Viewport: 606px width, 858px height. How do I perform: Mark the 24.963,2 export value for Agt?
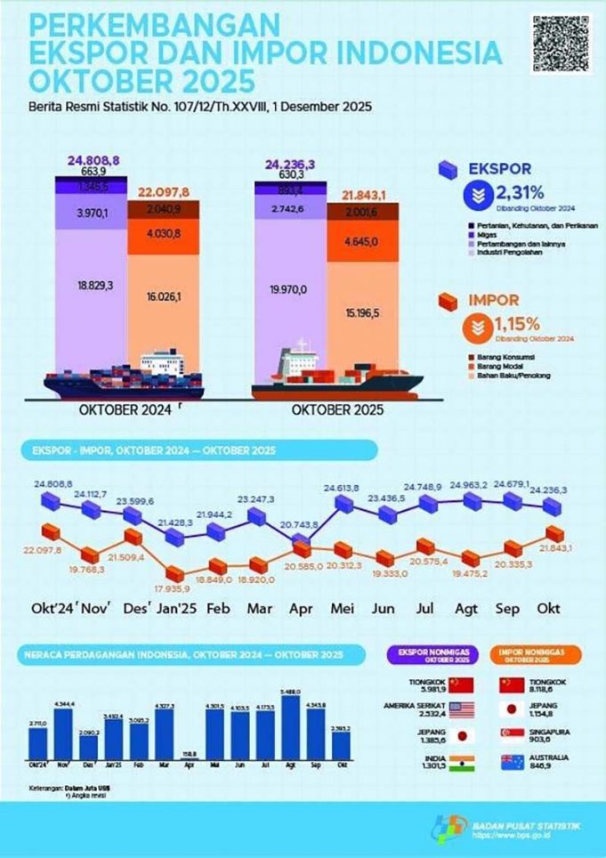tap(465, 484)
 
